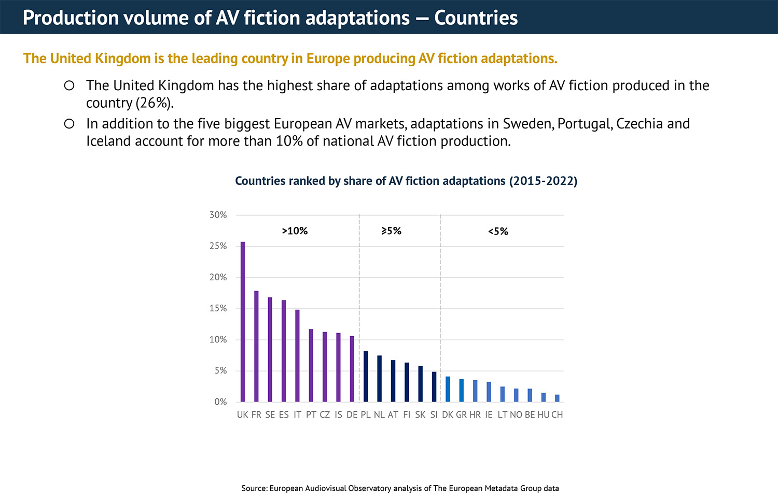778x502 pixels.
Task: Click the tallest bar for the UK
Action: coord(243,321)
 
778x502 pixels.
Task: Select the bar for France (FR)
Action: coord(256,346)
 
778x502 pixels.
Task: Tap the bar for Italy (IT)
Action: coord(297,355)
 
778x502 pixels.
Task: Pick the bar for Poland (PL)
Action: coord(366,377)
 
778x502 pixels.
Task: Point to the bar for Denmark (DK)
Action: coord(448,389)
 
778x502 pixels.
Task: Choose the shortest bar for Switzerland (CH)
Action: coord(557,398)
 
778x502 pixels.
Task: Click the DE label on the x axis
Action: coord(352,415)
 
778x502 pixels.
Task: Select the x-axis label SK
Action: coord(420,415)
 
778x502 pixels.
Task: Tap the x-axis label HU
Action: coord(543,415)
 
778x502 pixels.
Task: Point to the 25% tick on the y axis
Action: coord(218,246)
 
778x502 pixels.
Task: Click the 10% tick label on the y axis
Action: coord(218,340)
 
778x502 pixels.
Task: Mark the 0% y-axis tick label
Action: coord(220,402)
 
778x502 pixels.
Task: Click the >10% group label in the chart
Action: coord(295,231)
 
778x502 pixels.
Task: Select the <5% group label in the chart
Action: coord(498,232)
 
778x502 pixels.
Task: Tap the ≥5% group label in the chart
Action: coord(392,231)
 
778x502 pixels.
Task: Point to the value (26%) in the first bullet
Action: coord(155,103)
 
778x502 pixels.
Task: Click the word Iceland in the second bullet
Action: coord(108,141)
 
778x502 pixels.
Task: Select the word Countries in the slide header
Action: coord(476,18)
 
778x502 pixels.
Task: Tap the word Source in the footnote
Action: coord(254,488)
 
